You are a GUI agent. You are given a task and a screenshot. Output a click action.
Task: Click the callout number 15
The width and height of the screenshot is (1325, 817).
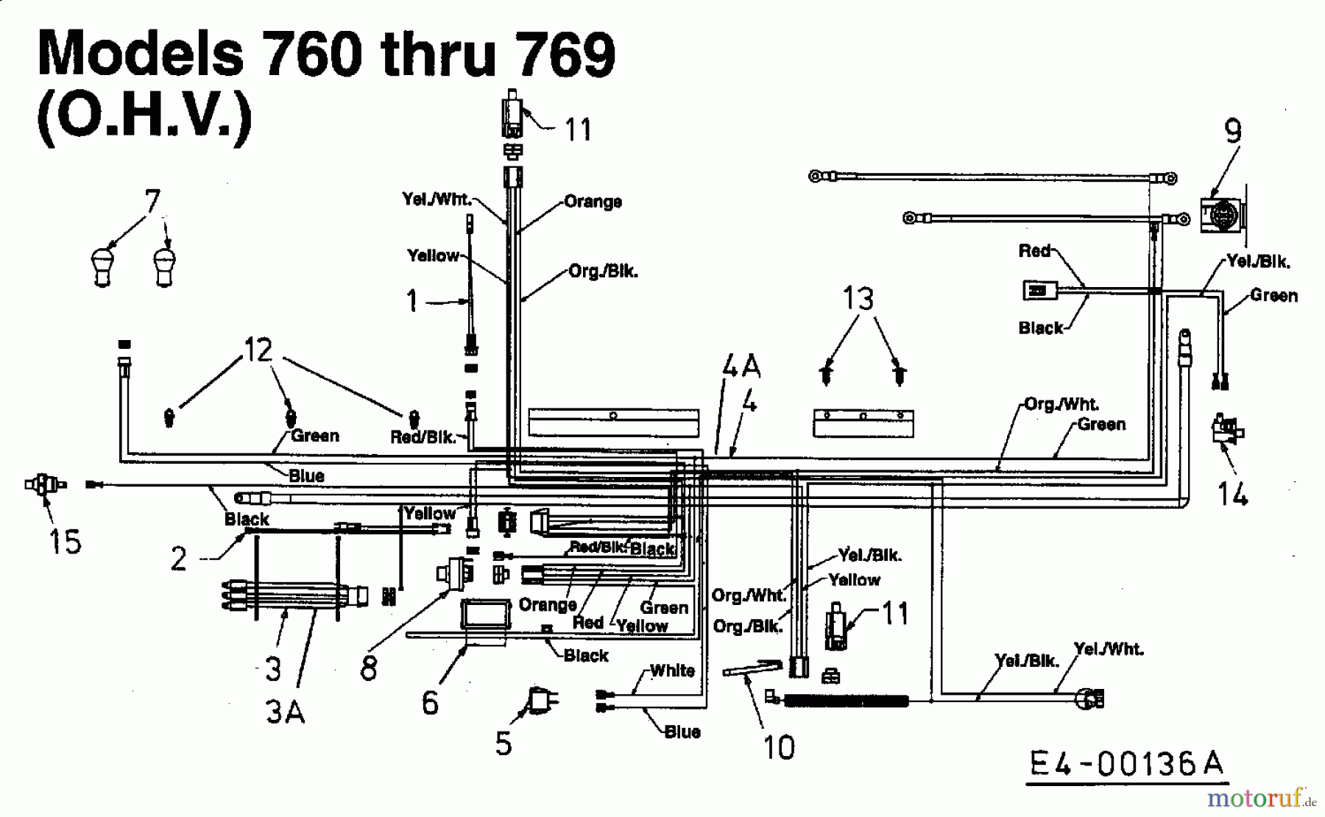point(64,542)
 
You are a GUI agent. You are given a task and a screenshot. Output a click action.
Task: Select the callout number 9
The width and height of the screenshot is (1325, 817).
point(1233,132)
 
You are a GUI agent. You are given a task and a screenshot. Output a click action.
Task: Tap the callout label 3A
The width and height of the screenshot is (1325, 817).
point(285,711)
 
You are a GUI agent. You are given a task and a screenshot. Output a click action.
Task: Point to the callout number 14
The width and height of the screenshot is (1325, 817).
point(1232,494)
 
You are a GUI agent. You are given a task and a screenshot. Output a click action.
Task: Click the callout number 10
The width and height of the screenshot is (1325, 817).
point(780,748)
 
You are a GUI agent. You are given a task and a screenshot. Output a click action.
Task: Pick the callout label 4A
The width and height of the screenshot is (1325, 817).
point(741,365)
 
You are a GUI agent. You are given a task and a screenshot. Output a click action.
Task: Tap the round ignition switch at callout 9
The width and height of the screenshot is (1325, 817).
point(1219,214)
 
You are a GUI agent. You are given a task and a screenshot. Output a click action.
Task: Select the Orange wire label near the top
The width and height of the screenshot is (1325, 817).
point(593,202)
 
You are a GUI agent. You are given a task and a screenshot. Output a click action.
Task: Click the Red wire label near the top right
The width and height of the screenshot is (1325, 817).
point(1034,251)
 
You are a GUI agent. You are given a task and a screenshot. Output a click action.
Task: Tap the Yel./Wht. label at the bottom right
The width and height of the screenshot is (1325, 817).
point(1108,649)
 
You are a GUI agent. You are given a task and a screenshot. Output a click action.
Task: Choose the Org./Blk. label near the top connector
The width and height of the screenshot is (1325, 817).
point(603,272)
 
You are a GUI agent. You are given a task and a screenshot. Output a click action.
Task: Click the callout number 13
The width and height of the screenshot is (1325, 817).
point(858,299)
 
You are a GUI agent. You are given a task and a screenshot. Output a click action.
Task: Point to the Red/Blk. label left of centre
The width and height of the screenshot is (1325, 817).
point(423,437)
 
